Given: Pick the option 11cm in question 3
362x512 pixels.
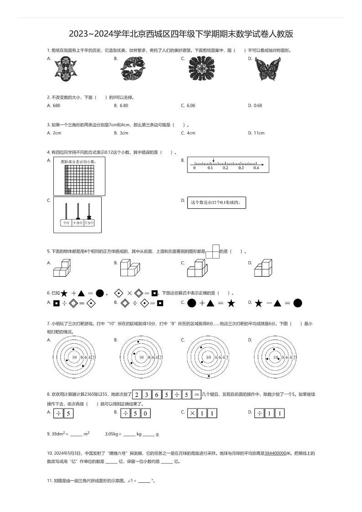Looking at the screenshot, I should [259, 133].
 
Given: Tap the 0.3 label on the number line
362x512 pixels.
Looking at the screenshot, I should [241, 168].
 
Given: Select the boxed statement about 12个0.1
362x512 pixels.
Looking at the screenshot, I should [217, 202].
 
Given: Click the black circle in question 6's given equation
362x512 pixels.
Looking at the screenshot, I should [99, 293].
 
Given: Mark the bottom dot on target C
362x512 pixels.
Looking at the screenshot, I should [209, 376].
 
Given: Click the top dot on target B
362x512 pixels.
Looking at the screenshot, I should [138, 341].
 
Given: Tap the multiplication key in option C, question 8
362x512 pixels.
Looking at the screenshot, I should [192, 414].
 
